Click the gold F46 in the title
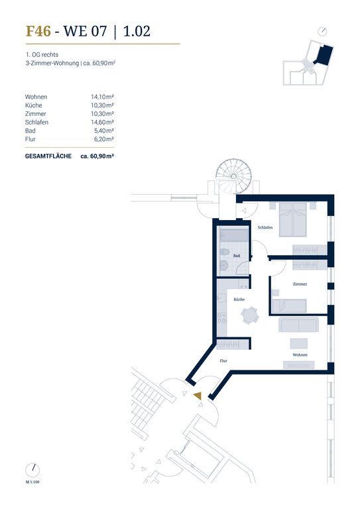(x=38, y=31)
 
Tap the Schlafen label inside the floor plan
(x=265, y=227)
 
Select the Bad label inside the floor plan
(x=237, y=256)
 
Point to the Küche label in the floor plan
(x=239, y=300)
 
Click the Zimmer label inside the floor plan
(x=300, y=284)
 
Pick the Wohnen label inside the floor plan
(x=300, y=355)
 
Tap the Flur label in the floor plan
(x=223, y=361)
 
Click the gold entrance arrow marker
(x=198, y=396)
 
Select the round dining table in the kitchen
(x=250, y=315)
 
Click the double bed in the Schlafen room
(x=293, y=219)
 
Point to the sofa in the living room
(x=298, y=325)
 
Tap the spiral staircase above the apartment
(x=234, y=177)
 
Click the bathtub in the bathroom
(x=234, y=235)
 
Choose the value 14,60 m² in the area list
(x=102, y=122)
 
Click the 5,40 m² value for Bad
(x=104, y=131)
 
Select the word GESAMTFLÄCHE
(x=48, y=156)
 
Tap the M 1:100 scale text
(x=32, y=482)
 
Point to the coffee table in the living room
(x=298, y=343)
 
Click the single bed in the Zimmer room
(x=289, y=306)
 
